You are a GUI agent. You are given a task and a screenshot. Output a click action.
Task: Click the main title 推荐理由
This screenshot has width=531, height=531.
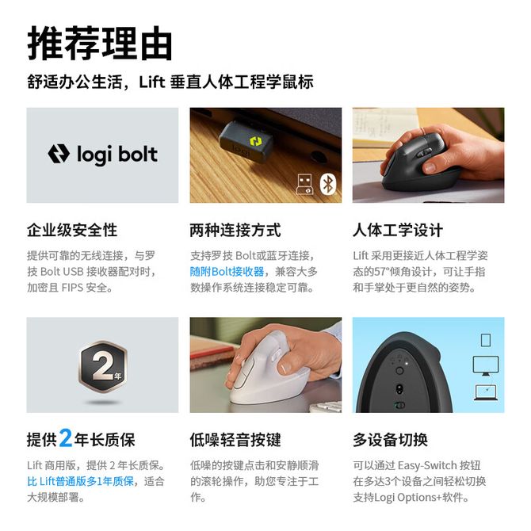pyautogui.click(x=100, y=44)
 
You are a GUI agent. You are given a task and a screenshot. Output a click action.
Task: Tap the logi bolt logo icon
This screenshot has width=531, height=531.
pyautogui.click(x=59, y=154)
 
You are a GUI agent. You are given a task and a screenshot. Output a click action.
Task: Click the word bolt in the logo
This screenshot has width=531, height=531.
pyautogui.click(x=138, y=154)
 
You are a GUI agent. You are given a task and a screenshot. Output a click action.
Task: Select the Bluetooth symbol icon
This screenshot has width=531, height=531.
pyautogui.click(x=328, y=185)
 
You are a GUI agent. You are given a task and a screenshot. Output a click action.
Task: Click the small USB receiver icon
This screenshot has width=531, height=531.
pyautogui.click(x=304, y=184)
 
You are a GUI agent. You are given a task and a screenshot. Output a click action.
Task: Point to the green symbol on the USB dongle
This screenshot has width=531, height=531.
pyautogui.click(x=256, y=142)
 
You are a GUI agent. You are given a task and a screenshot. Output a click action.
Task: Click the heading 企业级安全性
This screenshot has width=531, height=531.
pyautogui.click(x=72, y=231)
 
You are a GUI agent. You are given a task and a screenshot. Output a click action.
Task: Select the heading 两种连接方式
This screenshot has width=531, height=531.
pyautogui.click(x=235, y=231)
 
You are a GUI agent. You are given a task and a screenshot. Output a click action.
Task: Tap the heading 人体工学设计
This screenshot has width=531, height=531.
pyautogui.click(x=398, y=231)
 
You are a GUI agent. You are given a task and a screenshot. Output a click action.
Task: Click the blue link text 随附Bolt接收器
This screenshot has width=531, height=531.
pyautogui.click(x=227, y=272)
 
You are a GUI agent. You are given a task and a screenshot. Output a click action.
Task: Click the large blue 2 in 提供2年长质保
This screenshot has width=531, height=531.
pyautogui.click(x=66, y=437)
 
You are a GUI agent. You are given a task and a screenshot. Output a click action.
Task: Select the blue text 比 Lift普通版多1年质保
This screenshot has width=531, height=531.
pyautogui.click(x=81, y=481)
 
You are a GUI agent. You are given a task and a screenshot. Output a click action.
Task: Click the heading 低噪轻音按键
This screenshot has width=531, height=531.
pyautogui.click(x=235, y=440)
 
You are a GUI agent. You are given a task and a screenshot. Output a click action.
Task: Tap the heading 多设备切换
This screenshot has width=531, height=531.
pyautogui.click(x=391, y=440)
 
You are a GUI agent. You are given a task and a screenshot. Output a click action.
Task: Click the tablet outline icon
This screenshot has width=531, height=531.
pyautogui.click(x=486, y=340)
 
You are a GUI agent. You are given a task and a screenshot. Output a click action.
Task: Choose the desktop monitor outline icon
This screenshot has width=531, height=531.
pyautogui.click(x=486, y=365)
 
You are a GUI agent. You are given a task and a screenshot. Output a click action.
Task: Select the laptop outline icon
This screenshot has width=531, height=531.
pyautogui.click(x=486, y=392)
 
